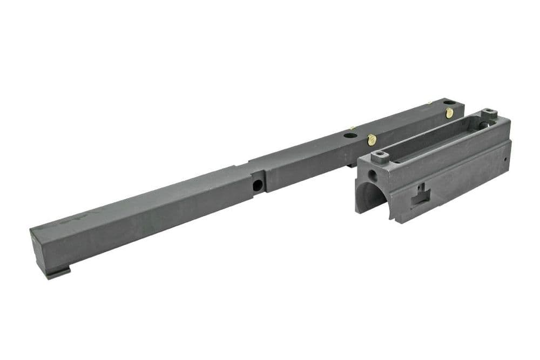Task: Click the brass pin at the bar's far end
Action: click(449, 113)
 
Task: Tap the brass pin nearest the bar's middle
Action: click(372, 140)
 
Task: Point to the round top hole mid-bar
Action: click(350, 135)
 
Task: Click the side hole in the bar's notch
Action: click(258, 185)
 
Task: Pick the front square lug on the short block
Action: click(381, 157)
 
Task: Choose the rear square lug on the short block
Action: click(489, 113)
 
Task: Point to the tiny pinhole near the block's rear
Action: click(505, 160)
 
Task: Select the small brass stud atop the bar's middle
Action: click(352, 128)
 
